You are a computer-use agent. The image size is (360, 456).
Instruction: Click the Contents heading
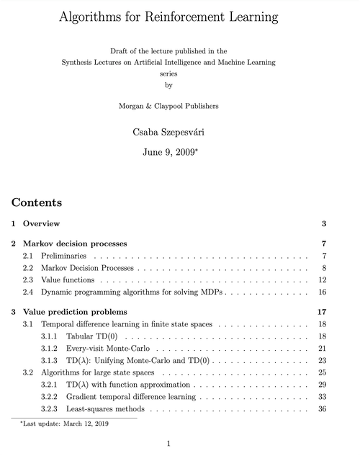point(37,202)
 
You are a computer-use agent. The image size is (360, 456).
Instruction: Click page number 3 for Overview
point(325,224)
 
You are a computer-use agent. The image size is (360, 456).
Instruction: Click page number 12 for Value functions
point(323,280)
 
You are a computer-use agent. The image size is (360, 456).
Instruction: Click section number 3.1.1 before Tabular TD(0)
point(50,336)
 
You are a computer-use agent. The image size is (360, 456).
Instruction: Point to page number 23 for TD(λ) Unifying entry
point(323,360)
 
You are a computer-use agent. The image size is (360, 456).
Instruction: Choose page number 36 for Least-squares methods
point(323,408)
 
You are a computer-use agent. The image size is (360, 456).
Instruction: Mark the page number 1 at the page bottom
point(168,443)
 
